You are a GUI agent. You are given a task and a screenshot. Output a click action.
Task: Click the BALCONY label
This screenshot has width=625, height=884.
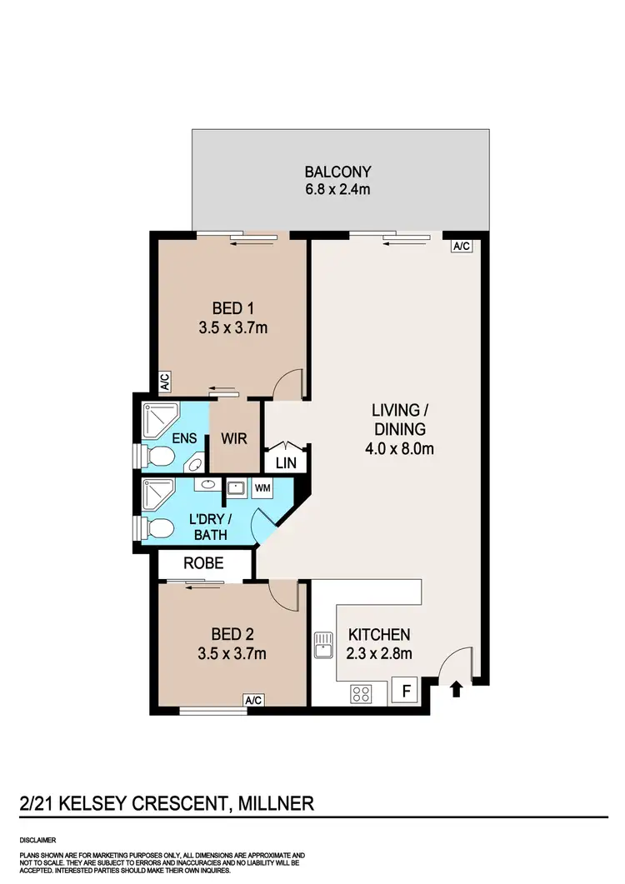tap(337, 172)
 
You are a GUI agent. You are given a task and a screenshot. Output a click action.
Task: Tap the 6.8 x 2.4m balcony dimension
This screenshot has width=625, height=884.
tap(337, 190)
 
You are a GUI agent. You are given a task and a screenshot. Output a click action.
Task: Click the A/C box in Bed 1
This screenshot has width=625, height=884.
tap(164, 382)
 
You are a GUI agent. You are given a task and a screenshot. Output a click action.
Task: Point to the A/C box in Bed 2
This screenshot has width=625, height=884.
tap(253, 700)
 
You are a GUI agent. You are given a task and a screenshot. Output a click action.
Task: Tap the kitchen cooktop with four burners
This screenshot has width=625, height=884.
tap(361, 693)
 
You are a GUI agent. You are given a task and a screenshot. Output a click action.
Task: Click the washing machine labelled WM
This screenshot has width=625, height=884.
tap(262, 487)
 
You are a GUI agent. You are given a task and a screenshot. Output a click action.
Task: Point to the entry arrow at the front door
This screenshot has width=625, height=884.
tap(455, 689)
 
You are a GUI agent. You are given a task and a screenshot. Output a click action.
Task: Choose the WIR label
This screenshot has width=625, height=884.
tap(234, 438)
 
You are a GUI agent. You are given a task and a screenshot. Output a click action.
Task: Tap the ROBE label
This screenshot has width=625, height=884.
tap(204, 563)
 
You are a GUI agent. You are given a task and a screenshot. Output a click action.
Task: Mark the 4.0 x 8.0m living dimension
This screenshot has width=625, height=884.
tap(399, 448)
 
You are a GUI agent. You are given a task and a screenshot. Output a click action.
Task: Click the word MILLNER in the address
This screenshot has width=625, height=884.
tap(276, 804)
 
